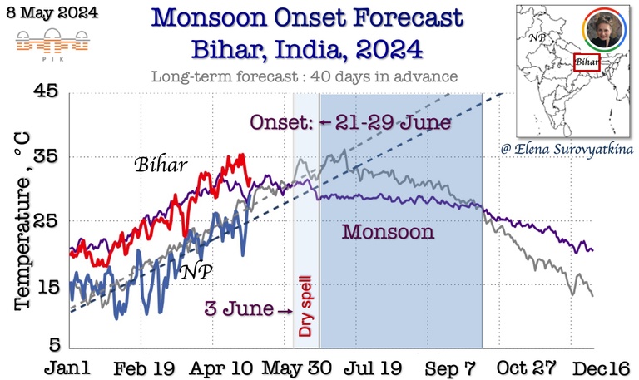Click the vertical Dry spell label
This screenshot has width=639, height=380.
(x=305, y=317)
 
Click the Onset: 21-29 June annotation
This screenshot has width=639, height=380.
(x=350, y=123)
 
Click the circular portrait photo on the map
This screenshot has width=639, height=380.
(x=598, y=34)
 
